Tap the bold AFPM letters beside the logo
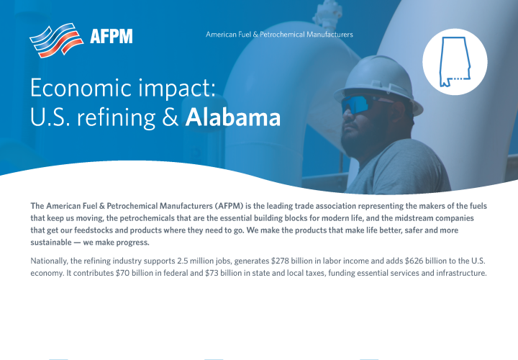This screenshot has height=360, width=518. (x=112, y=36)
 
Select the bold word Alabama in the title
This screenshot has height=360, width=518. (x=232, y=117)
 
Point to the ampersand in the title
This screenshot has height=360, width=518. (x=170, y=117)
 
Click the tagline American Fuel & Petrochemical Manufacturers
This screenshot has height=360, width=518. (x=279, y=35)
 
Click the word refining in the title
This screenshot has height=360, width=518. (x=112, y=117)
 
